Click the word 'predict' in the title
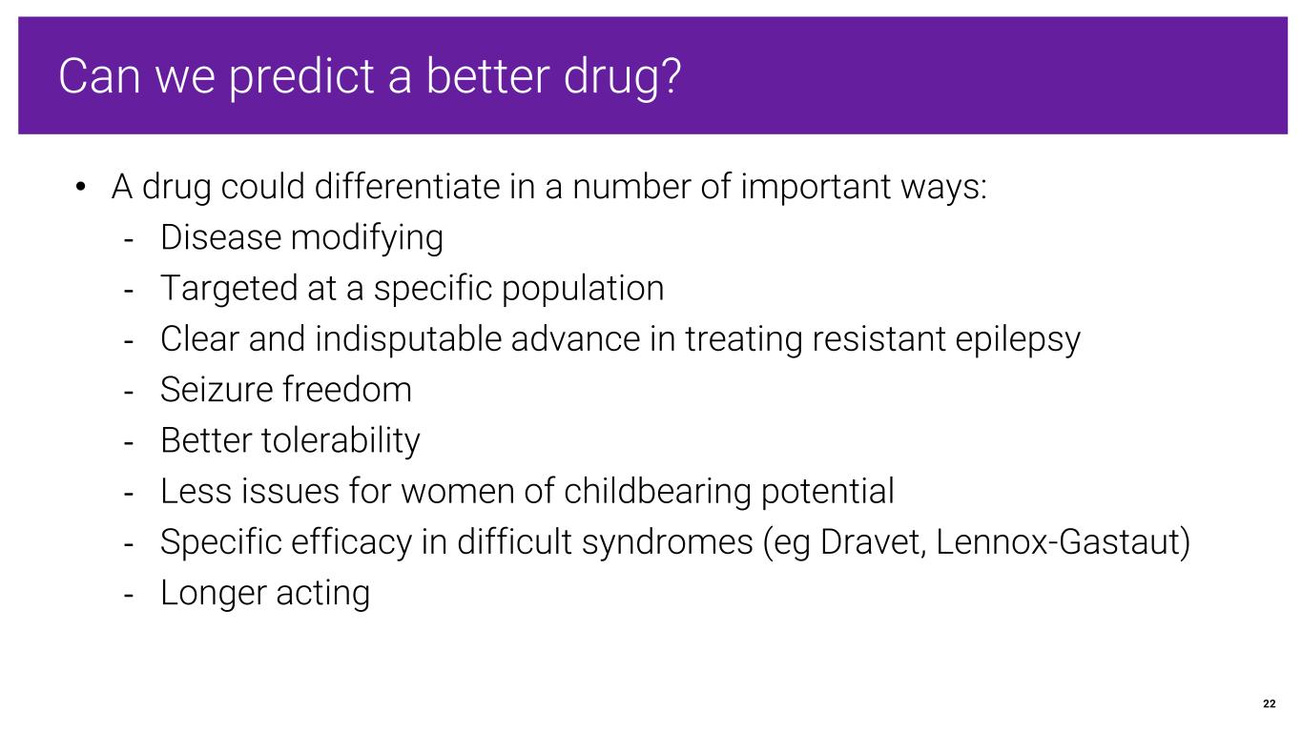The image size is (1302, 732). pos(301,77)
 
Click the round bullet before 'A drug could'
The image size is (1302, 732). pos(81,187)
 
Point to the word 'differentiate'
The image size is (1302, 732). pos(407,187)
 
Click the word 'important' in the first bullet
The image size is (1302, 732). pos(816,188)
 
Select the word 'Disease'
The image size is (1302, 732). pos(221,237)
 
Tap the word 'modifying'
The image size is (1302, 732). pos(367,238)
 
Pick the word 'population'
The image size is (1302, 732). pos(583,289)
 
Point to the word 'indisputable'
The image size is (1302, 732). pos(408,339)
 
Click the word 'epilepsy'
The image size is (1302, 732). pos(1017,339)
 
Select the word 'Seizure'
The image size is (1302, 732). pos(221,389)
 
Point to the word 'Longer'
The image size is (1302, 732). pos(214,593)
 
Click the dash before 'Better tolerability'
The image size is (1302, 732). pos(129,442)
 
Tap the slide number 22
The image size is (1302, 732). pos(1270,703)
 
